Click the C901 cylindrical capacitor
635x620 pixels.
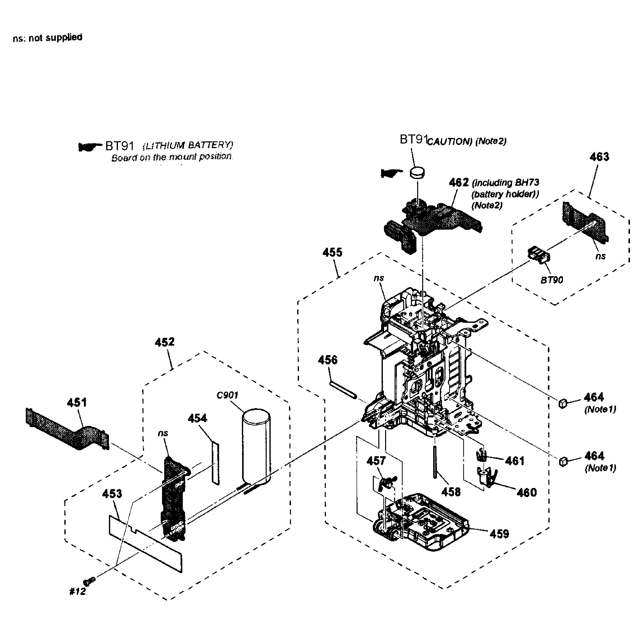256,446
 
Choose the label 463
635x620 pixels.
599,157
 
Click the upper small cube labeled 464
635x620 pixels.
563,403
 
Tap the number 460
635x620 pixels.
527,492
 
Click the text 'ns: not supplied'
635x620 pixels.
48,38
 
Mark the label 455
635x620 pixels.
332,252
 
